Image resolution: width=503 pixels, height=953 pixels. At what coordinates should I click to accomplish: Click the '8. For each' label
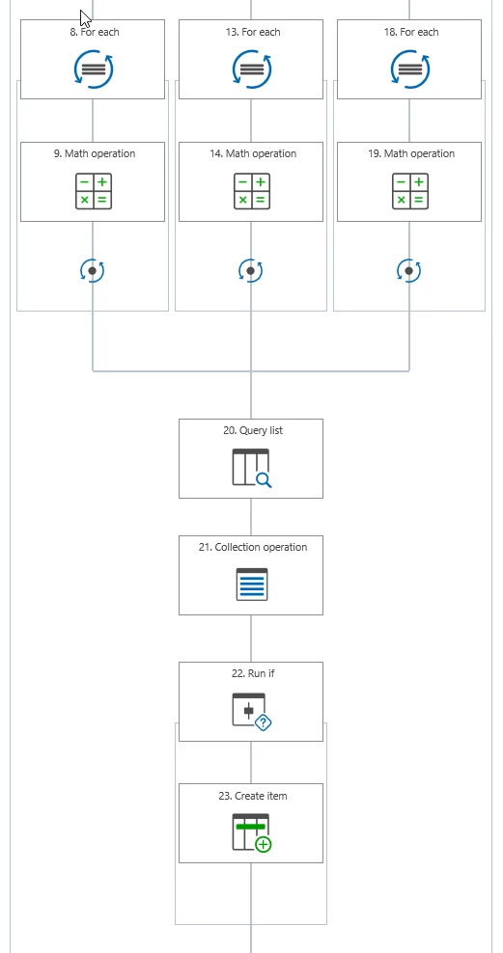click(95, 32)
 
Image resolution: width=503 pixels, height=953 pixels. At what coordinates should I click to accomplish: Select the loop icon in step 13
click(252, 69)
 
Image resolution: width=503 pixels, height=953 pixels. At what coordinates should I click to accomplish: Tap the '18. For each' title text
click(411, 32)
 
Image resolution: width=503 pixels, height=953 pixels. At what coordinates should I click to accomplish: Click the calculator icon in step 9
click(94, 191)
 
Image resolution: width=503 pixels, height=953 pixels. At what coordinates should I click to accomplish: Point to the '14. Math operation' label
click(253, 153)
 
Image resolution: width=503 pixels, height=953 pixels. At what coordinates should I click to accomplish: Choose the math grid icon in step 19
click(410, 191)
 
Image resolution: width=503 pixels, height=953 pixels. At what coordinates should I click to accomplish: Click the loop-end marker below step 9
click(93, 271)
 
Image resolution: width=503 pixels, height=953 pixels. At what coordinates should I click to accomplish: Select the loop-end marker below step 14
click(251, 271)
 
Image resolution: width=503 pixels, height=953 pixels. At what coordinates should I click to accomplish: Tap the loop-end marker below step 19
click(409, 271)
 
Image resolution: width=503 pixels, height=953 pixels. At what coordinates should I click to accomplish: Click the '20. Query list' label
click(253, 431)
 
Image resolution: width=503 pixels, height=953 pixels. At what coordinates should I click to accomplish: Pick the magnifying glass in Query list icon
click(264, 480)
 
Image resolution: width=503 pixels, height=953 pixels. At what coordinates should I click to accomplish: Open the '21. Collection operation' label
click(253, 548)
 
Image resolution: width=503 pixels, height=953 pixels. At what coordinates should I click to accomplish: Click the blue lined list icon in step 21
click(252, 585)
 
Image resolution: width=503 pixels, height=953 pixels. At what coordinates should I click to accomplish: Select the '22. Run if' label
click(253, 674)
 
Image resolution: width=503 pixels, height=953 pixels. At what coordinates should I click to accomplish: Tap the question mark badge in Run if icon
click(263, 722)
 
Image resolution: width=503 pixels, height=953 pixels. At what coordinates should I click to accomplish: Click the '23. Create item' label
click(253, 796)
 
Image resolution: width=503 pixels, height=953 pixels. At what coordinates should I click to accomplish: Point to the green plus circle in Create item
click(264, 844)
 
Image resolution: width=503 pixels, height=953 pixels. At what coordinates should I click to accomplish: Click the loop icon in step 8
click(94, 69)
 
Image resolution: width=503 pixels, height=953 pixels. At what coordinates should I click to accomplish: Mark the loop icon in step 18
click(410, 69)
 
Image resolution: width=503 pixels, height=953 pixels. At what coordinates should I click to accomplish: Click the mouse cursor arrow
click(85, 18)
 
